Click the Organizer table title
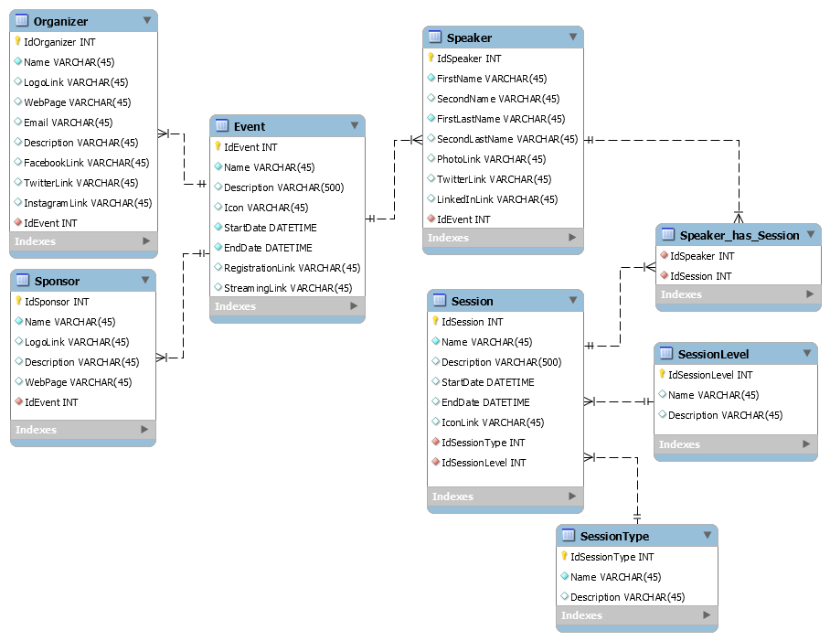click(60, 21)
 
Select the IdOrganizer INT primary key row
click(59, 42)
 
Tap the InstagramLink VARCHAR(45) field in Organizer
click(88, 203)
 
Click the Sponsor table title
click(57, 281)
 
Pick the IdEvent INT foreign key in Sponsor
click(51, 402)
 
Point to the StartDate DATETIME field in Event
click(270, 228)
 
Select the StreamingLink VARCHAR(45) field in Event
click(288, 288)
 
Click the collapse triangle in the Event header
click(355, 125)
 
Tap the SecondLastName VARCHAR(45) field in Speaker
click(507, 139)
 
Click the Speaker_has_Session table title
click(739, 235)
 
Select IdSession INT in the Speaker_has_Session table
click(701, 276)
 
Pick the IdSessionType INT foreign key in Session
click(483, 443)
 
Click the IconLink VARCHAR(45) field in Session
click(493, 422)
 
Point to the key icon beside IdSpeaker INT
click(431, 58)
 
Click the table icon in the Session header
click(439, 300)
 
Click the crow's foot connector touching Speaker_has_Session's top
click(739, 217)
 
